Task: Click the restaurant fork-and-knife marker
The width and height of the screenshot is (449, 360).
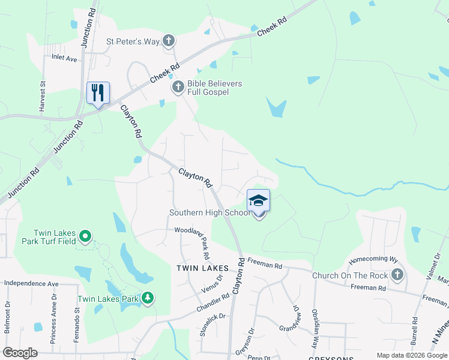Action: pos(98,93)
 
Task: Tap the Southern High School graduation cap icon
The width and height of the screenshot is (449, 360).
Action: pos(258,200)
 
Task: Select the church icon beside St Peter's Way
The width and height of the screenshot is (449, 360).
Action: pos(169,41)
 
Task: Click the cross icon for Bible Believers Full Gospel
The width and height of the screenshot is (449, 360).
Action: pos(178,88)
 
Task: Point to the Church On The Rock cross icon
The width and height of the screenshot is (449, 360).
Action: pos(396,275)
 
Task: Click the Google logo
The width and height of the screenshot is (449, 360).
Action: pos(20,353)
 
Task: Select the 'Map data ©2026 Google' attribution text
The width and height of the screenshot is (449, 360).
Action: pos(411,355)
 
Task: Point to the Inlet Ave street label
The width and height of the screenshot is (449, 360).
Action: pos(65,58)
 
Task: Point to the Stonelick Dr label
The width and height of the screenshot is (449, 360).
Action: pos(213,323)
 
